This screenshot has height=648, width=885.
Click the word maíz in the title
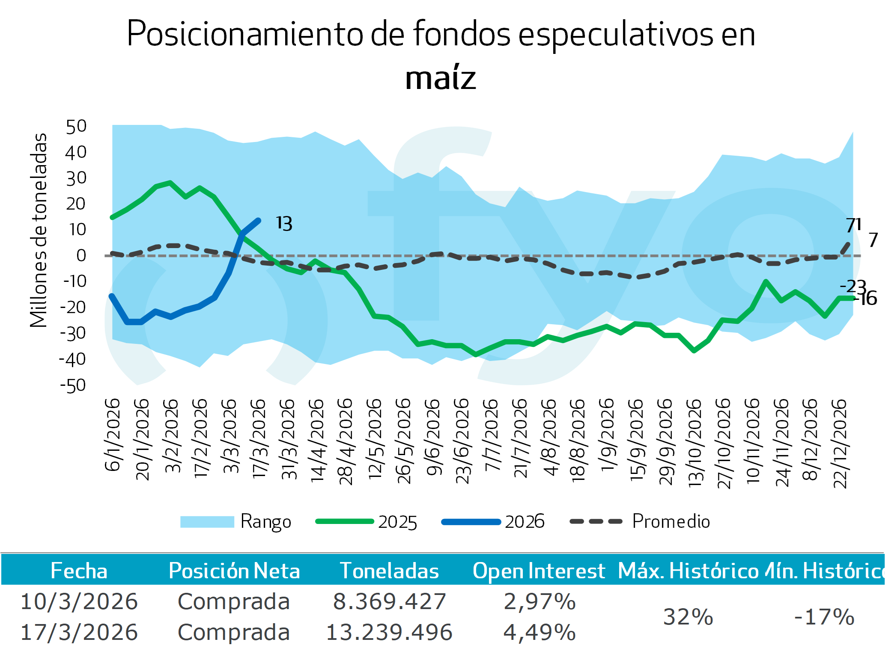pyautogui.click(x=441, y=78)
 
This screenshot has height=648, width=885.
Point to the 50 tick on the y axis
pyautogui.click(x=76, y=127)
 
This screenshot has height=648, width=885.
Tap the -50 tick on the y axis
pyautogui.click(x=73, y=386)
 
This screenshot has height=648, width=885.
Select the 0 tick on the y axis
pyautogui.click(x=81, y=256)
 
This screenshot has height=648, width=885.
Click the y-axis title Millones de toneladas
pyautogui.click(x=39, y=230)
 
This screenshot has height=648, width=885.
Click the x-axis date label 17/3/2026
pyautogui.click(x=259, y=438)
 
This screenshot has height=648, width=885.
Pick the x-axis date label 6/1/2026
pyautogui.click(x=113, y=435)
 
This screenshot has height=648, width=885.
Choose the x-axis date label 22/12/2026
pyautogui.click(x=840, y=444)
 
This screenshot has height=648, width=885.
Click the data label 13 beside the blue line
pyautogui.click(x=284, y=224)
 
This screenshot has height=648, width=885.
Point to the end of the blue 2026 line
pyautogui.click(x=258, y=221)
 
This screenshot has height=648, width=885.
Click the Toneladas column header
pyautogui.click(x=389, y=571)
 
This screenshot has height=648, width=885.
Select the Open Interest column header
pyautogui.click(x=539, y=571)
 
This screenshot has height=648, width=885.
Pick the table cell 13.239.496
pyautogui.click(x=389, y=632)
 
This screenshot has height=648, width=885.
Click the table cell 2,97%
pyautogui.click(x=539, y=601)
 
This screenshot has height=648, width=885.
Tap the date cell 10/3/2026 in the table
pyautogui.click(x=79, y=601)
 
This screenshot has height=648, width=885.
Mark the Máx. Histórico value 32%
pyautogui.click(x=688, y=617)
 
